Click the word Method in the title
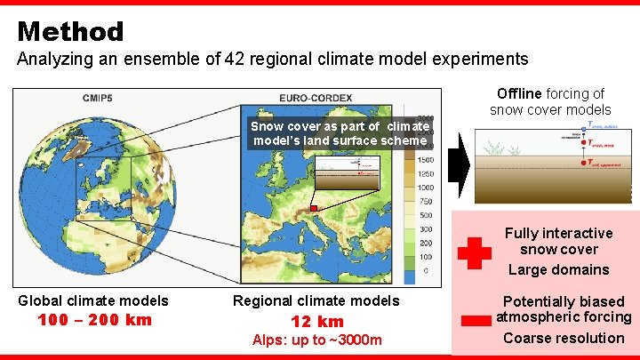(70, 32)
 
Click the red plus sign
(474, 252)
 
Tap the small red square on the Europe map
(313, 208)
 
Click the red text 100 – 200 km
(94, 320)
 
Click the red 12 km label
(316, 322)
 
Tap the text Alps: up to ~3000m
(316, 340)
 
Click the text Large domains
(558, 269)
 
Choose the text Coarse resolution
(563, 338)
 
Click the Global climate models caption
(93, 301)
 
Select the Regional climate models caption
(316, 301)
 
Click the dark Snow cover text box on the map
(340, 133)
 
